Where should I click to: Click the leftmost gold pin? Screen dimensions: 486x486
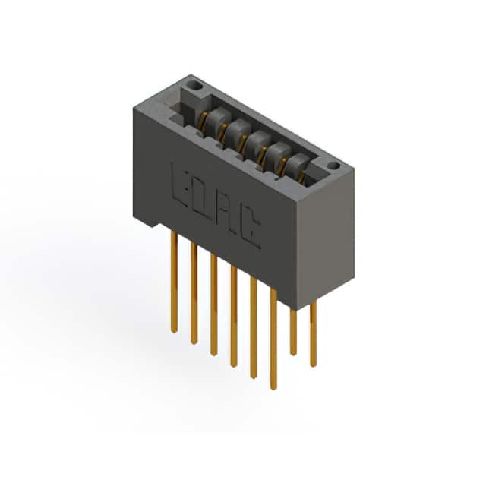174,282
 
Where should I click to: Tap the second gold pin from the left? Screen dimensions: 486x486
194,293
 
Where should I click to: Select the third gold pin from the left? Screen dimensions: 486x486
213,305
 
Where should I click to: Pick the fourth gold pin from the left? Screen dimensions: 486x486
234,316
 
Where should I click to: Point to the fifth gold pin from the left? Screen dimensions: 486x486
254,327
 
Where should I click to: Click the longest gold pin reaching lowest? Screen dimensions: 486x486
273,339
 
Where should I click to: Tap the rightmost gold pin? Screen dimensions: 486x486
314,334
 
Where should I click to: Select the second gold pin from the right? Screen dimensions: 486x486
293,332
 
